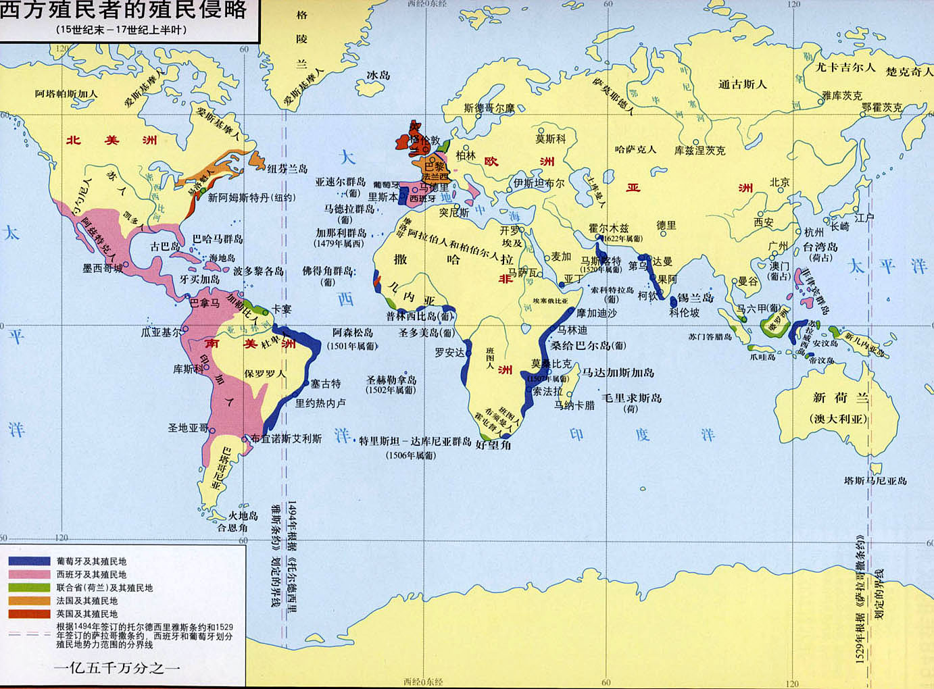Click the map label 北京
(779, 182)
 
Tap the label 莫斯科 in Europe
(550, 138)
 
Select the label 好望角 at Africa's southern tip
(493, 444)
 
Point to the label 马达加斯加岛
(618, 373)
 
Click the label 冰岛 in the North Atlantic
(378, 75)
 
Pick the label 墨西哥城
(103, 268)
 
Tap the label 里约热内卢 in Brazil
(320, 403)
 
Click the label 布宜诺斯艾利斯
(286, 438)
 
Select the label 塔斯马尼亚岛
(875, 481)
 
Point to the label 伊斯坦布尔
(539, 183)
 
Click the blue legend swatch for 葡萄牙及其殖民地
(29, 561)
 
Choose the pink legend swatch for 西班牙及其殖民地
(29, 575)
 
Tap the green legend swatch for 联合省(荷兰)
(29, 588)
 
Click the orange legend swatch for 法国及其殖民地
(29, 601)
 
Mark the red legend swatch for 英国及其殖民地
(29, 614)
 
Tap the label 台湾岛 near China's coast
(820, 247)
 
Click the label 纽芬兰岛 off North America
(287, 169)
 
